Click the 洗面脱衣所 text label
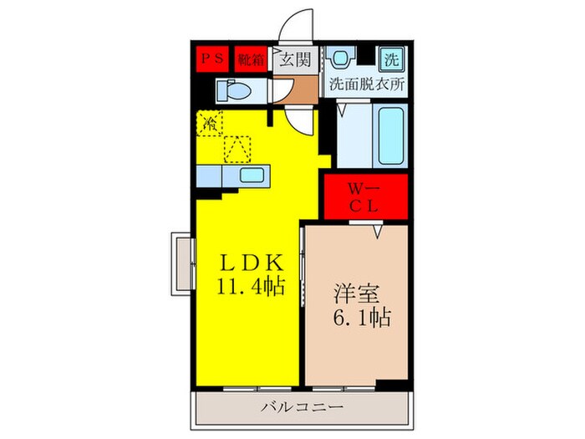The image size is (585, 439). [x=365, y=84]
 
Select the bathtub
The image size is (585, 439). [x=389, y=135]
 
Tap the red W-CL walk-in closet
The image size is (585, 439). [x=365, y=197]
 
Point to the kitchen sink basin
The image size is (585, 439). [x=252, y=175]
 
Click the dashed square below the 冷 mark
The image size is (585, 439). [x=237, y=149]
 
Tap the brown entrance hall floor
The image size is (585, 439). [x=297, y=88]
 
